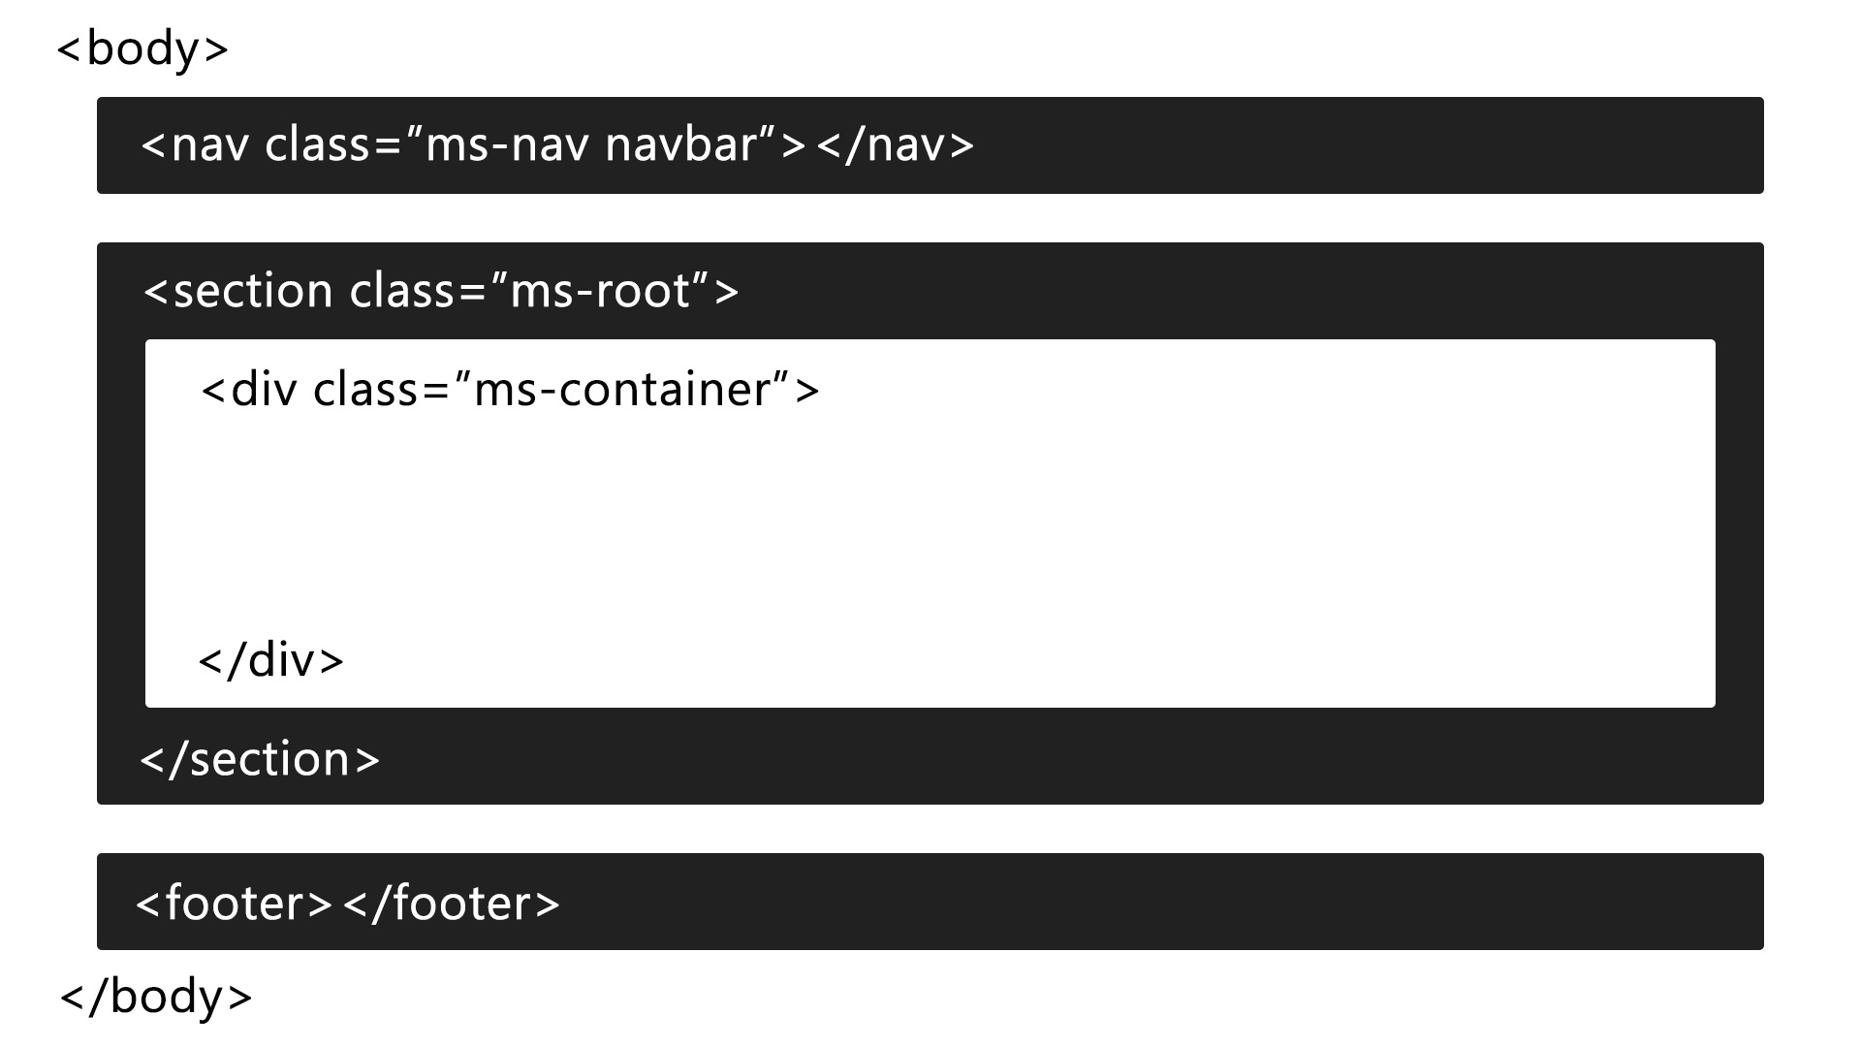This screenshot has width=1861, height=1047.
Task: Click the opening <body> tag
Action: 142,48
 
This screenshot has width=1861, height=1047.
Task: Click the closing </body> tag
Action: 156,997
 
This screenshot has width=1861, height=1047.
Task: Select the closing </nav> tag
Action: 895,145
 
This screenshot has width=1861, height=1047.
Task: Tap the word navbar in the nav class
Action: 680,145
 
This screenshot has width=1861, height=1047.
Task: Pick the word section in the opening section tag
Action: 253,291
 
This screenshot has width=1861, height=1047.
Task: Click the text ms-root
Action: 600,291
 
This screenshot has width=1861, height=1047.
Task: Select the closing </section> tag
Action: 260,759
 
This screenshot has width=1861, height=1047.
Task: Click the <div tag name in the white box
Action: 249,390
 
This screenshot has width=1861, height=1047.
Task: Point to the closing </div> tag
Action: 270,661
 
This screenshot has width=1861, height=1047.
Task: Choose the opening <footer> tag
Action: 234,904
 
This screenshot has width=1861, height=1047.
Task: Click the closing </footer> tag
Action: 452,904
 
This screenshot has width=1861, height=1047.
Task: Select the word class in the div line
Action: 366,390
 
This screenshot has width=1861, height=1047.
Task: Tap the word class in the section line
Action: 402,291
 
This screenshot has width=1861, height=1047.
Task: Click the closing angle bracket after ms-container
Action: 807,391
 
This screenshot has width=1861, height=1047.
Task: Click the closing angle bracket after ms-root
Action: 727,292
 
